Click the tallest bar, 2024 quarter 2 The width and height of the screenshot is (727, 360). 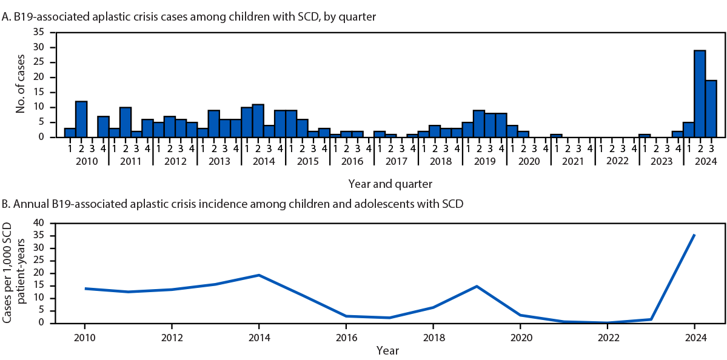699,94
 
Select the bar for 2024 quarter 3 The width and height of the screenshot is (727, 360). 711,108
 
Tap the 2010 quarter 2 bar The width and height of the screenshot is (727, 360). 81,119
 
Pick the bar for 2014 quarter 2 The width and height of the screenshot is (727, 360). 258,121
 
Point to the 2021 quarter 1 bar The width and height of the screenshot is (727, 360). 556,135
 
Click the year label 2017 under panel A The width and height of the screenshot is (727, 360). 395,162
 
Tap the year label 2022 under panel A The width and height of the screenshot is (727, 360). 616,162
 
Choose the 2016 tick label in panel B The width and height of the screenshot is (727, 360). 346,335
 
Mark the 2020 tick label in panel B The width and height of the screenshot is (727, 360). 520,335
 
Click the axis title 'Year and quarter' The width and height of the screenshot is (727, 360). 390,182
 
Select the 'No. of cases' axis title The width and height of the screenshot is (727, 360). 21,85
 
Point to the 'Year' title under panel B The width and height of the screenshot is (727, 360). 388,350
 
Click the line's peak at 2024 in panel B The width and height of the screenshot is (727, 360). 694,235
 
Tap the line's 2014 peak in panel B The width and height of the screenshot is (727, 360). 259,275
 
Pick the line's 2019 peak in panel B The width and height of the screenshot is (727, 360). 477,286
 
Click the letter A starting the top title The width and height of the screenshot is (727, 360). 5,17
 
